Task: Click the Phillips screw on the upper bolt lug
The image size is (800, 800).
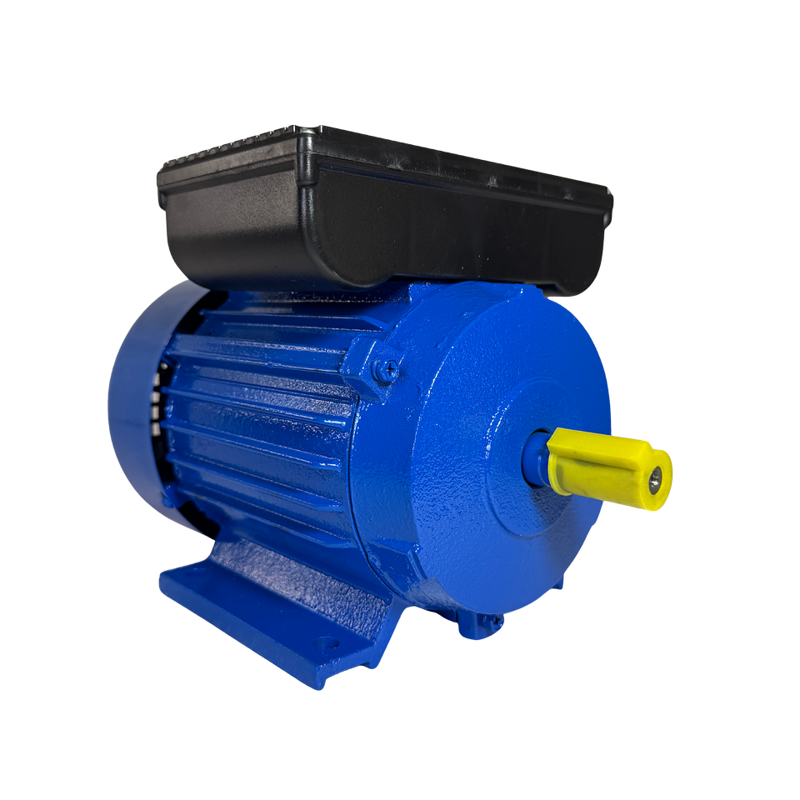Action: tap(384, 369)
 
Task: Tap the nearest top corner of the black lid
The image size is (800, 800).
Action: tap(308, 133)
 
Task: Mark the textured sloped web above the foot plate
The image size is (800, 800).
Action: tap(292, 575)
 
